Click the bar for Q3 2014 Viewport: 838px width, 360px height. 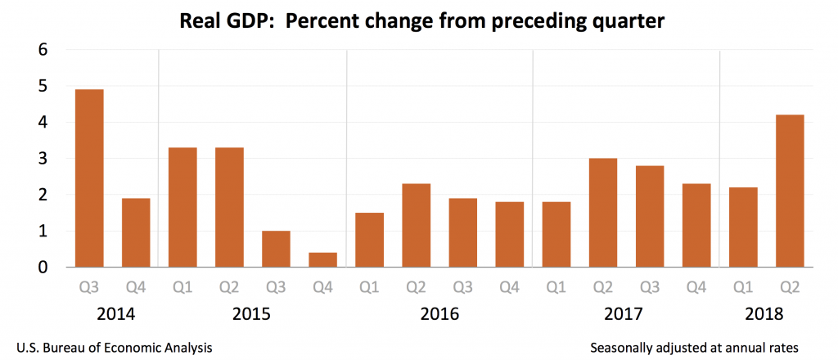pos(89,178)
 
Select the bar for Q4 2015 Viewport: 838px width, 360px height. pos(323,260)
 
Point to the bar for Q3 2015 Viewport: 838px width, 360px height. pos(276,249)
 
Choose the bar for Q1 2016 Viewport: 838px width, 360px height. pos(370,240)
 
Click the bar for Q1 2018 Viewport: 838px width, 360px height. pos(743,227)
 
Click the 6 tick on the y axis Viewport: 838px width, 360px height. pos(43,50)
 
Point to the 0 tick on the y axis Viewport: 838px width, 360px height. pos(43,268)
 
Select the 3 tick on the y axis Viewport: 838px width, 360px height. pos(43,159)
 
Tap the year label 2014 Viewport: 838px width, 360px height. pos(112,314)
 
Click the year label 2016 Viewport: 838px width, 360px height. pos(439,314)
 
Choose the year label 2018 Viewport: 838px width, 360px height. pos(766,314)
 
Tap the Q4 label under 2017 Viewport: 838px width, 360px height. pos(696,288)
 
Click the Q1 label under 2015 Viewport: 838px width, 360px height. pos(182,288)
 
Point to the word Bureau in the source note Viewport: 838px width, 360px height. pos(66,348)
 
